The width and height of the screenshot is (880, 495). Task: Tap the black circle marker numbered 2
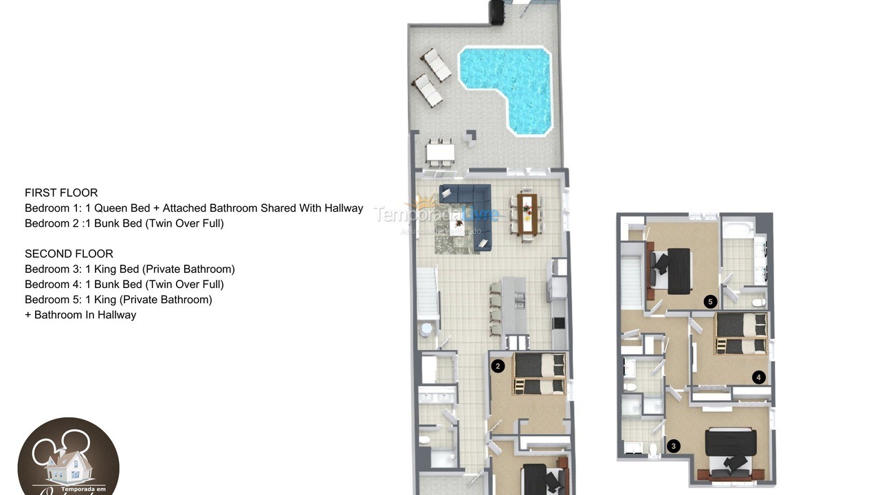(498, 366)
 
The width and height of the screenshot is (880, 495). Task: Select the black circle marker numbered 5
(711, 301)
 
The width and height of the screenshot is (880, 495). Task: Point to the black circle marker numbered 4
(758, 377)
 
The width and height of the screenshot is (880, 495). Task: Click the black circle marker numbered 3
(673, 446)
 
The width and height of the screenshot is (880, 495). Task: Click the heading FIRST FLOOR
(61, 192)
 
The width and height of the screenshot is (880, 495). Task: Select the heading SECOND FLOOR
(69, 254)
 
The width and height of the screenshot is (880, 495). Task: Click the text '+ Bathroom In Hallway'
(80, 315)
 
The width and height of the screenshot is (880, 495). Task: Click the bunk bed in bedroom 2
(540, 375)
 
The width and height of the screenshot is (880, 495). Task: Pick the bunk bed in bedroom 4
(741, 333)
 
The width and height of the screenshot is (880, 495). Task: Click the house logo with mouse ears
(68, 457)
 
